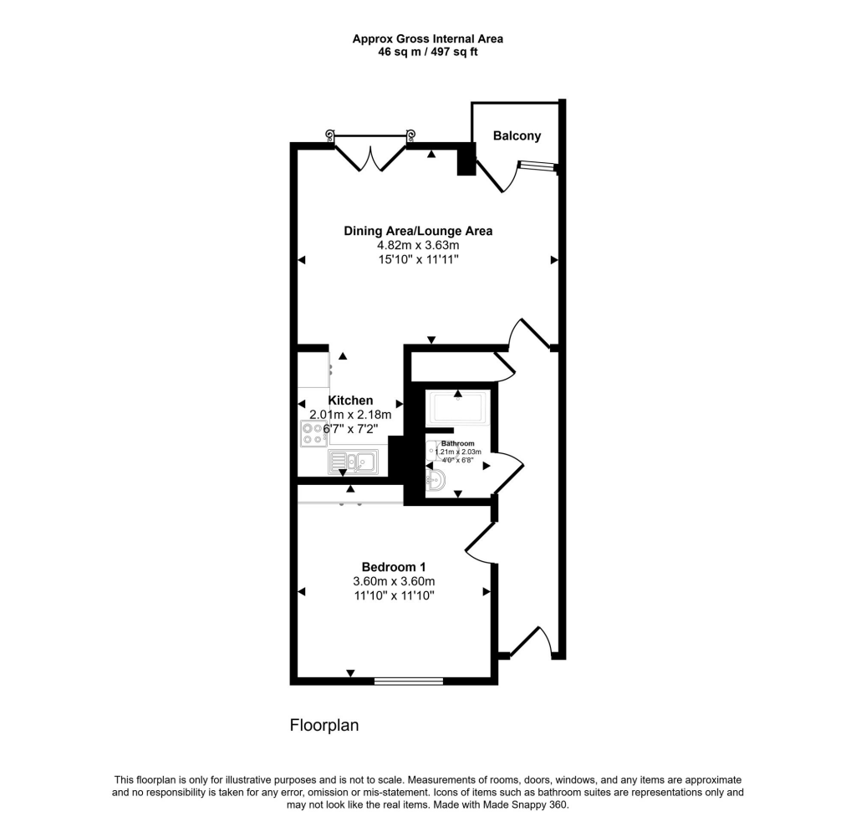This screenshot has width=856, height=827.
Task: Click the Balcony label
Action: [x=517, y=136]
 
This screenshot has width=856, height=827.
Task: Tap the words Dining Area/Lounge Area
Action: [x=418, y=231]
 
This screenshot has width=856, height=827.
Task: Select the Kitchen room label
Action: [x=350, y=401]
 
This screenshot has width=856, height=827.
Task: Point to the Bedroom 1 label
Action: [x=393, y=566]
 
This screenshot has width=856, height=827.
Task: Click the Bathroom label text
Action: [x=458, y=443]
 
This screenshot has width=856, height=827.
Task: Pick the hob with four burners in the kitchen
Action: [x=314, y=433]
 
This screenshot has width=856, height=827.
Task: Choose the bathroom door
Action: [x=507, y=471]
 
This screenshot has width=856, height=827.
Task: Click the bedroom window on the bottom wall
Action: [x=408, y=681]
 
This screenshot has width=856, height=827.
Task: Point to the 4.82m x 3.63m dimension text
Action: [x=418, y=246]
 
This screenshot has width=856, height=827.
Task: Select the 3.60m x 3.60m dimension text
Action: [x=393, y=581]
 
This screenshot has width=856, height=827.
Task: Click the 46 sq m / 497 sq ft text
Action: [x=427, y=52]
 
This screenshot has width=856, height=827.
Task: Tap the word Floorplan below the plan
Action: [x=324, y=726]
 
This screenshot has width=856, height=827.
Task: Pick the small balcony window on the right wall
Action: [x=535, y=166]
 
